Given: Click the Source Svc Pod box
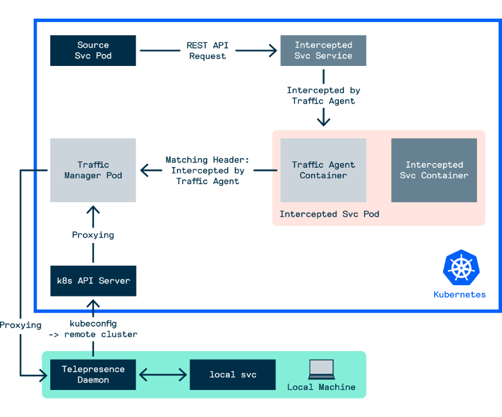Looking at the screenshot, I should [93, 50].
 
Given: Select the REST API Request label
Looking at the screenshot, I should [207, 50].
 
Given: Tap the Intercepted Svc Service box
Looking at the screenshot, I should [323, 50].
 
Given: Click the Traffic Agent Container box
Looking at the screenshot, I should [323, 170].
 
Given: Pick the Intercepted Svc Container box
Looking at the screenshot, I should [434, 170].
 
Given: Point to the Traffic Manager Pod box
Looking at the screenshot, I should [93, 170].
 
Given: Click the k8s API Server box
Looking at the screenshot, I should [93, 281].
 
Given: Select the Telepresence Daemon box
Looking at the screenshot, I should [93, 374].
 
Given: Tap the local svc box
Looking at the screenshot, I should [233, 374].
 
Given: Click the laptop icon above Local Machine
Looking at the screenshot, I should [321, 369].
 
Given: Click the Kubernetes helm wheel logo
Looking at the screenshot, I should [461, 267].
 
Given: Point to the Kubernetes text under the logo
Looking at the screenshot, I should [459, 294].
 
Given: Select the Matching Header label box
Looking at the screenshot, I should [207, 170].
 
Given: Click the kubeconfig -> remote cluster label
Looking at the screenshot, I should [93, 328].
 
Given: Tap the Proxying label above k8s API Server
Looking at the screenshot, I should [93, 235].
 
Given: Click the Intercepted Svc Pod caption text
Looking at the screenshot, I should [329, 214].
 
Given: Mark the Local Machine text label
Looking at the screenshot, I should [321, 387].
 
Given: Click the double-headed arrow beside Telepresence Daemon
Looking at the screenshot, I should [163, 375].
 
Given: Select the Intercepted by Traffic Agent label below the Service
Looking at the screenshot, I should [323, 95].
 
